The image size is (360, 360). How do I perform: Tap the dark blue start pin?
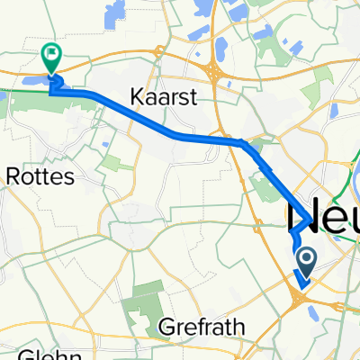click(x=305, y=262)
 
